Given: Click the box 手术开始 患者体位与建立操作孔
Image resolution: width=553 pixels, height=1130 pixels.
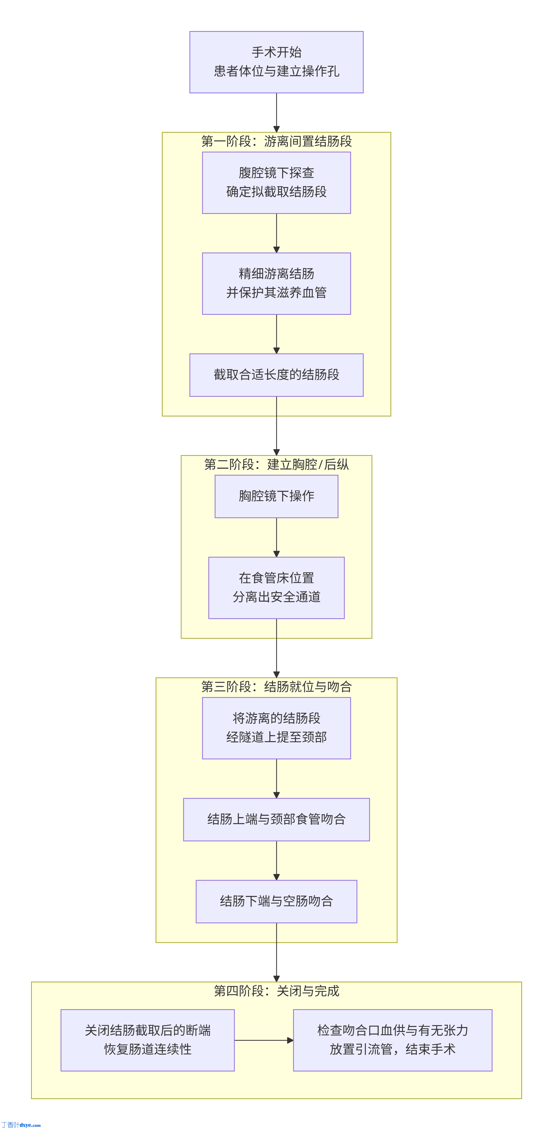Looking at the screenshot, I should point(276,62).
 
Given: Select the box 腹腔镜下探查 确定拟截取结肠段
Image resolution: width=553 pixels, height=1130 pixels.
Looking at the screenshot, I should point(276,183).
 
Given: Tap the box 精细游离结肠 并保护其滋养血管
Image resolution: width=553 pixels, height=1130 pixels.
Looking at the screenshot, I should point(276,283).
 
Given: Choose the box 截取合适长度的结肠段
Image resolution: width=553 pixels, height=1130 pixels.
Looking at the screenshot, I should point(276,375).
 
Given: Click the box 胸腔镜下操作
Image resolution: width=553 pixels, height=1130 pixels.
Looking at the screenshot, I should point(276,496).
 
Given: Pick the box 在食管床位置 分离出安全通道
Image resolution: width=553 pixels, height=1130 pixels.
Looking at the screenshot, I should point(276,587).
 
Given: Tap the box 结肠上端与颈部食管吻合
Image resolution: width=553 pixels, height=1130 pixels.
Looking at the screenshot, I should point(276,819).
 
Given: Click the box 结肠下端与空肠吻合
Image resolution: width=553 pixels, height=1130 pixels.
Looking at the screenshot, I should point(276,901).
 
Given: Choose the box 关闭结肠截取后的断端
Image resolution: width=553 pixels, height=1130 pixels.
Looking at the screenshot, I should point(147,1040).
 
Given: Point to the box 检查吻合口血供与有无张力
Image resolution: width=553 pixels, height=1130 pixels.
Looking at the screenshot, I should point(392,1040).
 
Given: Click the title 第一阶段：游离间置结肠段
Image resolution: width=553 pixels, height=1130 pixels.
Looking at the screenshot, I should point(276,141).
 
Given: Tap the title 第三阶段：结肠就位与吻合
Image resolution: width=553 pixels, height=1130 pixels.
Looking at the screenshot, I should point(276,687).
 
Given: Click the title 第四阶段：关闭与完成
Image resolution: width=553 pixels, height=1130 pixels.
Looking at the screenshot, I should point(276,990).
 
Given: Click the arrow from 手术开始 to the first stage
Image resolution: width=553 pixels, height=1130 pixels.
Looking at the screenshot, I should point(276,112).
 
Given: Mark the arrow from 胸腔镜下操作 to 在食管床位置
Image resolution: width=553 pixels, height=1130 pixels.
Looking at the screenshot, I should point(276,537).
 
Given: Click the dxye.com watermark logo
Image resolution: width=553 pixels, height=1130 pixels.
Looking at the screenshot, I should point(21,1125).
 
